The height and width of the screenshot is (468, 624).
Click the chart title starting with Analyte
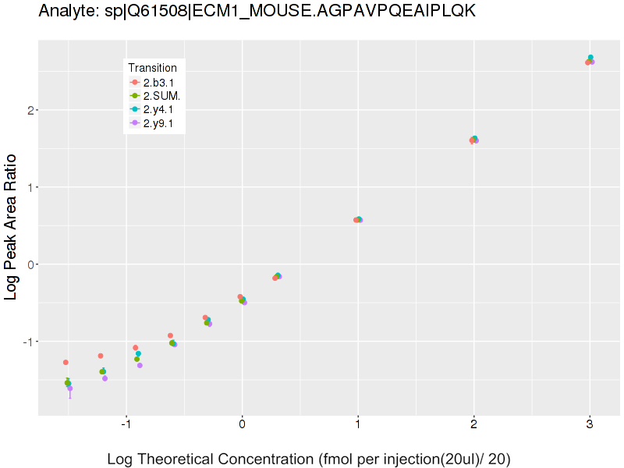[x=257, y=12]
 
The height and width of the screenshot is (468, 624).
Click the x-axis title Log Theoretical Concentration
[x=309, y=459]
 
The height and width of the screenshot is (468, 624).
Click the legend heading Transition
[x=154, y=68]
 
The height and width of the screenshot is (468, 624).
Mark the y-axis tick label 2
[x=30, y=110]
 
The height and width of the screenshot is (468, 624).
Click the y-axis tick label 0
[x=30, y=264]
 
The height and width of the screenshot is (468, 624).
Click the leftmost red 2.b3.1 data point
[x=66, y=362]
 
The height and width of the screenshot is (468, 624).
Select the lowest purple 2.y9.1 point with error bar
[x=70, y=388]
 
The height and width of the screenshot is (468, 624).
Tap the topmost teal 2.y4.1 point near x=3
[x=590, y=58]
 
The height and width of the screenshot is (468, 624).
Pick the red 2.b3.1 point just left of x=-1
[x=135, y=348]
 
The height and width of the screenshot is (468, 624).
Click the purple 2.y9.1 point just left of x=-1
[x=140, y=365]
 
